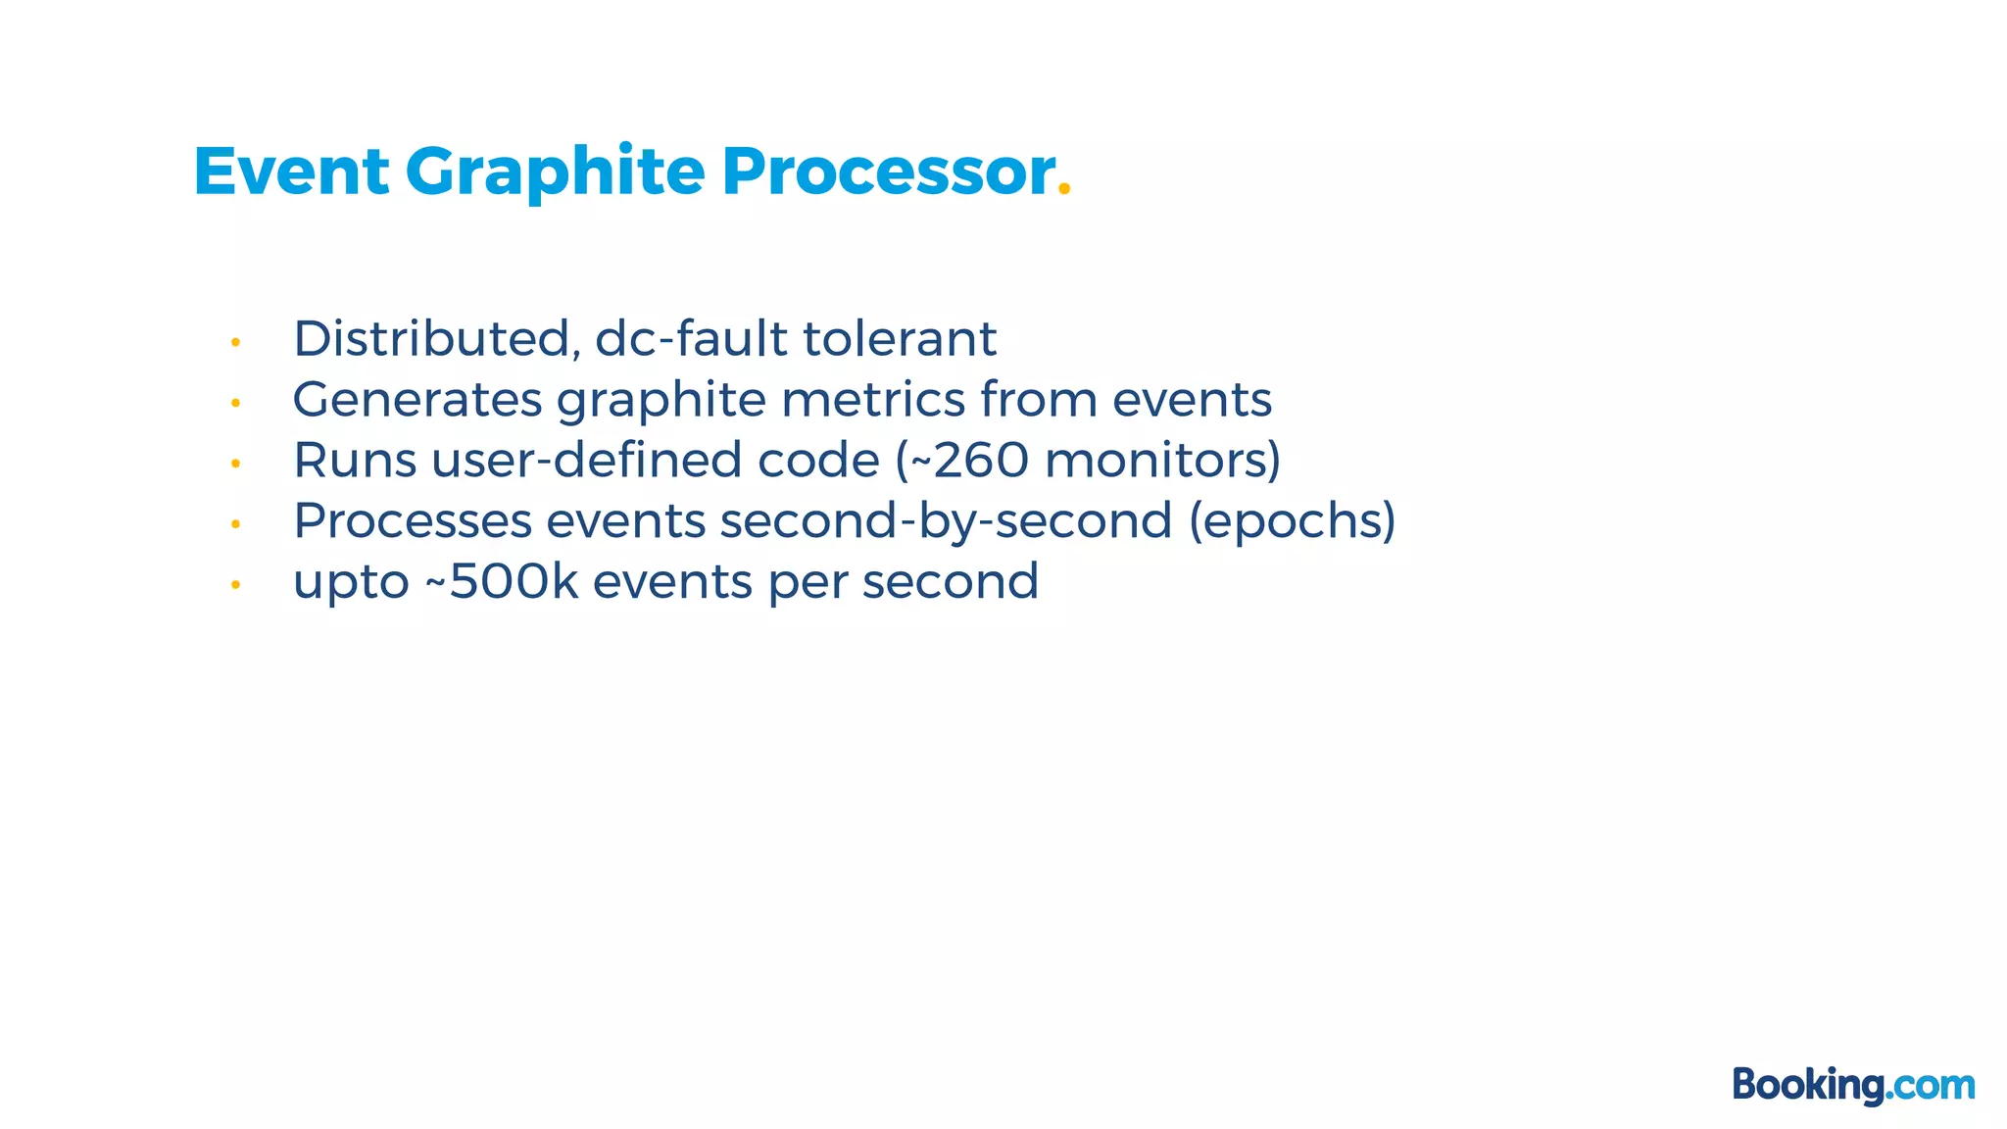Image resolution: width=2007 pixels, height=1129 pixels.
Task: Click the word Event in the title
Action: pos(291,172)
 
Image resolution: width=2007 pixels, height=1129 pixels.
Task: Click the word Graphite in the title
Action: pos(555,172)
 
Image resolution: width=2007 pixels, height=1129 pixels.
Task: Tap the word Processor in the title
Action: pos(888,172)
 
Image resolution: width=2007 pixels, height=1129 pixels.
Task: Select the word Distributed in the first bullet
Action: pos(431,339)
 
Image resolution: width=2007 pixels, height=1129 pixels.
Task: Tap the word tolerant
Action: pos(900,339)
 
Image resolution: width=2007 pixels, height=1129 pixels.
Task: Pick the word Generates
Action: pos(417,400)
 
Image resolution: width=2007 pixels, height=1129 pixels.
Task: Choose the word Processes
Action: pos(413,521)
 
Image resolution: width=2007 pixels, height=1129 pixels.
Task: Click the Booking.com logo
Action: pos(1853,1085)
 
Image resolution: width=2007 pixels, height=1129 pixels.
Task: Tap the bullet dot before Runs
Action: pos(235,464)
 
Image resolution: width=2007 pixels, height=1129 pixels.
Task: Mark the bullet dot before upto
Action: pos(235,585)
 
